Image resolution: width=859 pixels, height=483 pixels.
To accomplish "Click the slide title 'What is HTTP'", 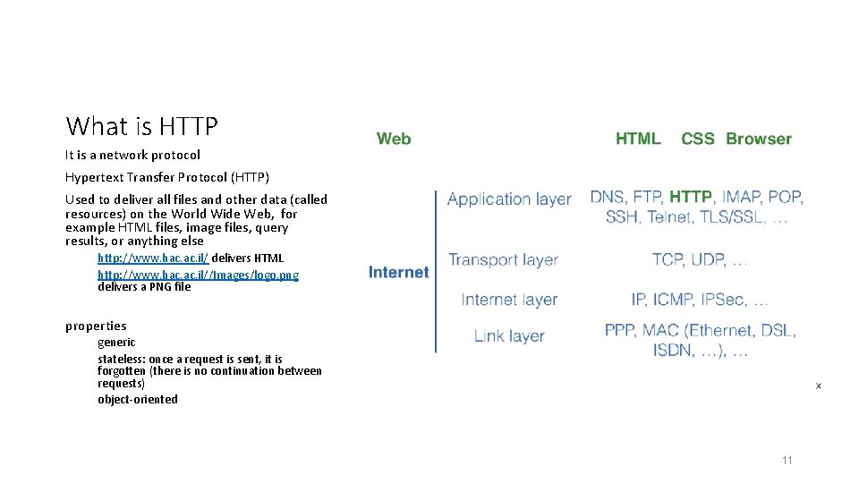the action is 141,126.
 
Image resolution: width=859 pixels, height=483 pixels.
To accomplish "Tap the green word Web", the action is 394,139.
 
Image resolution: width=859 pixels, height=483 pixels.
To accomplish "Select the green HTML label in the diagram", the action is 638,139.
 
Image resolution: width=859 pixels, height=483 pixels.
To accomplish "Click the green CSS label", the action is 698,139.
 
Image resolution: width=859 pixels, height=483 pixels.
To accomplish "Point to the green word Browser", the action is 759,139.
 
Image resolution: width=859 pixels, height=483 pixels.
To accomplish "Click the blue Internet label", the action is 398,272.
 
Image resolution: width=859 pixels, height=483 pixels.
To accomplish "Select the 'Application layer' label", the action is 509,199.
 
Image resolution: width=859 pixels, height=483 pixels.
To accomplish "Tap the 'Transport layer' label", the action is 503,260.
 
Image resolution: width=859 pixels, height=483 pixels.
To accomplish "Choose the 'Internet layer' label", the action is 509,300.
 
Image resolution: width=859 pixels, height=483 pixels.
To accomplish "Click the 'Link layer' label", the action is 509,336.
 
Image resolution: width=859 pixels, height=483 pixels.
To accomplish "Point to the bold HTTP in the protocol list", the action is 691,197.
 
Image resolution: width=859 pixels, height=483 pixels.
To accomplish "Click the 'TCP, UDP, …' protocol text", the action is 700,259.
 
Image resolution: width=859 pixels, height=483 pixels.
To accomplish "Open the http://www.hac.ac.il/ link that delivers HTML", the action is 153,258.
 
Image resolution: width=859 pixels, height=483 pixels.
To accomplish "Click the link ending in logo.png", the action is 198,275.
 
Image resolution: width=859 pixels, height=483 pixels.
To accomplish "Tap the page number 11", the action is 787,461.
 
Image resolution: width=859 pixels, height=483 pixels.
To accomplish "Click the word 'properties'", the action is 96,326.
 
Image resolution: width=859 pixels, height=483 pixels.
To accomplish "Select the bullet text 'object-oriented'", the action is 138,399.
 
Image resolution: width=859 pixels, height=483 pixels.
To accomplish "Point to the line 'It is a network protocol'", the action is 132,155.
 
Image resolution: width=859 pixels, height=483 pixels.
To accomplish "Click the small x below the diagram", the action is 818,386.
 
